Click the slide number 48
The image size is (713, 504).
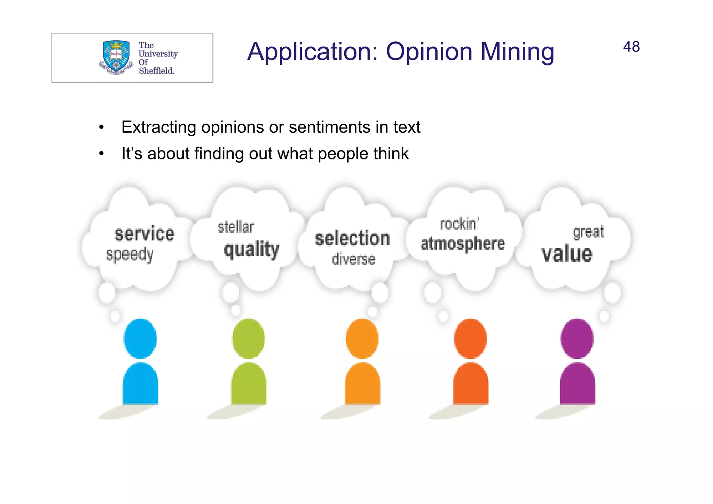coord(631,47)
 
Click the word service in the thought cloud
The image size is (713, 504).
coord(144,234)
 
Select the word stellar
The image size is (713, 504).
coord(236,227)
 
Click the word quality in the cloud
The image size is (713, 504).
coord(251,250)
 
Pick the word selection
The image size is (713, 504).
coord(352,239)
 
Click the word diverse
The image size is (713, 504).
coord(353,259)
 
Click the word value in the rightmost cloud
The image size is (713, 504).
coord(567,254)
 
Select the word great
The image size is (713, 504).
coord(588,232)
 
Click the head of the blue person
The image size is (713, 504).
coord(140,339)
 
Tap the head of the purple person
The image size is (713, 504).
coord(577,339)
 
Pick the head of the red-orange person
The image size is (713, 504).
coord(470,339)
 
